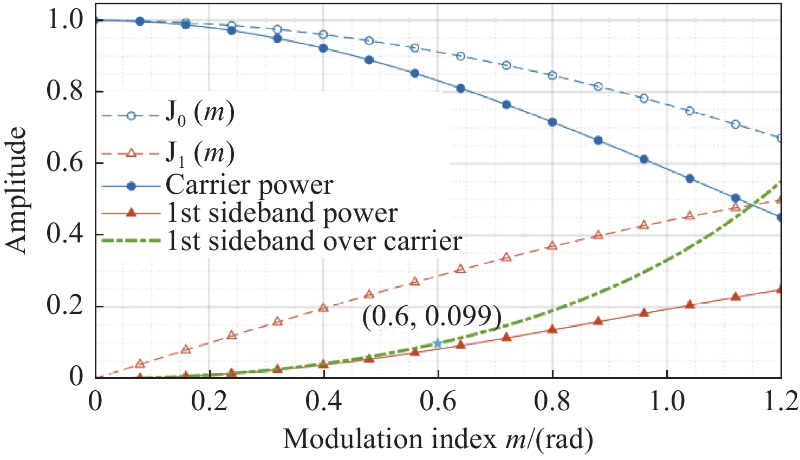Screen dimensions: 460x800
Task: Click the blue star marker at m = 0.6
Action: click(x=438, y=343)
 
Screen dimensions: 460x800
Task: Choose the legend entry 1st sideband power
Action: click(x=282, y=213)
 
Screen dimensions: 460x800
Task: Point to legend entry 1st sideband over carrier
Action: click(x=314, y=240)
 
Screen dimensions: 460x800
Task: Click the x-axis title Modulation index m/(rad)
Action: click(x=438, y=439)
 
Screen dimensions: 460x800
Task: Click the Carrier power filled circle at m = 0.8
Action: click(x=552, y=122)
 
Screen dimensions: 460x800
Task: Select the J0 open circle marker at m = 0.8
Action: click(x=552, y=75)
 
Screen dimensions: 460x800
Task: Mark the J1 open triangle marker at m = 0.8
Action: click(x=552, y=245)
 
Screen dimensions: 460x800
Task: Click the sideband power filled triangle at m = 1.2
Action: click(x=780, y=289)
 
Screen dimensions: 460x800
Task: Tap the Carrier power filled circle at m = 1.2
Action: click(x=780, y=217)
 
